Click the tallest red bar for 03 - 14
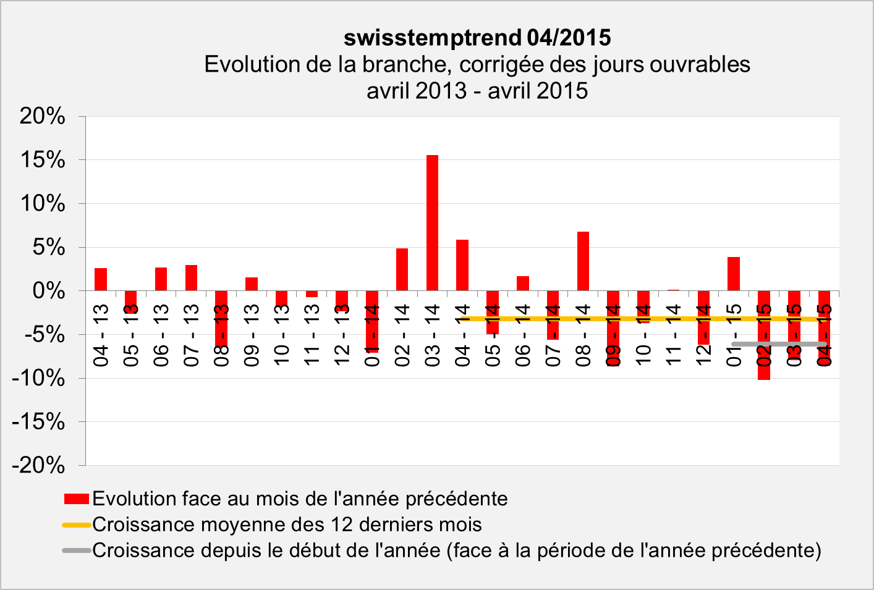pos(432,222)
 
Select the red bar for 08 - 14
pos(583,261)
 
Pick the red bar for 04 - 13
pos(101,279)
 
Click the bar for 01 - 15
pos(734,274)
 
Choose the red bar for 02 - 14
pos(402,269)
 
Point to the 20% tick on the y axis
pos(42,116)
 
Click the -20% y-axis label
pos(38,465)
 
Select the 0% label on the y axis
pos(48,290)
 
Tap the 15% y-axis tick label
pos(42,160)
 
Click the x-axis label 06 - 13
pos(161,335)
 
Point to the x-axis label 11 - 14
pos(673,335)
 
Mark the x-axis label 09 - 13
pos(252,335)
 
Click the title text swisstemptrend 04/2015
pos(477,38)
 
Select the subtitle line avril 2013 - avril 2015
pos(477,91)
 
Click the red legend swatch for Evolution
pos(77,499)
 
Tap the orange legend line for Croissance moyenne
pos(77,525)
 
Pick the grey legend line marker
pos(77,550)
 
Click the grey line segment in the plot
pos(779,343)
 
